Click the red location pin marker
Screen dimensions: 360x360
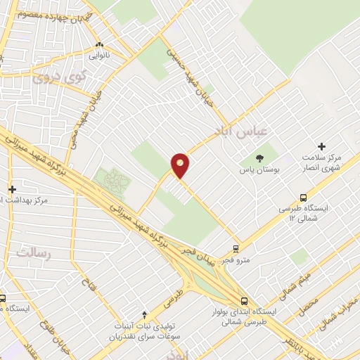coord(180,165)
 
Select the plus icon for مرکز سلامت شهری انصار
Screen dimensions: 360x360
coord(321,146)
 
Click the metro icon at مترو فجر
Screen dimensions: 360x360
coord(236,248)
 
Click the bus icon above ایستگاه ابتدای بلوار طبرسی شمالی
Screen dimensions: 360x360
coord(244,300)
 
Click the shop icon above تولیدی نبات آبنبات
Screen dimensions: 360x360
coord(145,314)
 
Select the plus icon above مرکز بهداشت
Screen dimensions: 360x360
coord(12,189)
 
